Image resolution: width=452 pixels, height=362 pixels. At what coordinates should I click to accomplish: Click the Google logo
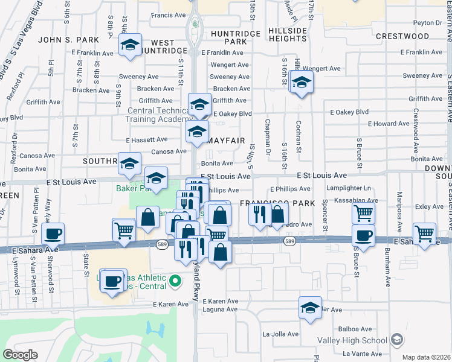(21, 355)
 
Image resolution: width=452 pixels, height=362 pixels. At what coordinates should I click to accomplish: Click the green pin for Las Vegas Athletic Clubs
(175, 281)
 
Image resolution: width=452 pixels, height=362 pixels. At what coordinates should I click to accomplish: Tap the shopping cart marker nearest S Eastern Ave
(424, 233)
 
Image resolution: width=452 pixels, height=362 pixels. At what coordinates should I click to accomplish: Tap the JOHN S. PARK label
(68, 40)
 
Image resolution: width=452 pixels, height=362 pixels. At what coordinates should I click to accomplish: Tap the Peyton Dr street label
(430, 22)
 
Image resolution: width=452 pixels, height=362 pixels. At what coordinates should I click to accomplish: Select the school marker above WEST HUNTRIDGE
(130, 46)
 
